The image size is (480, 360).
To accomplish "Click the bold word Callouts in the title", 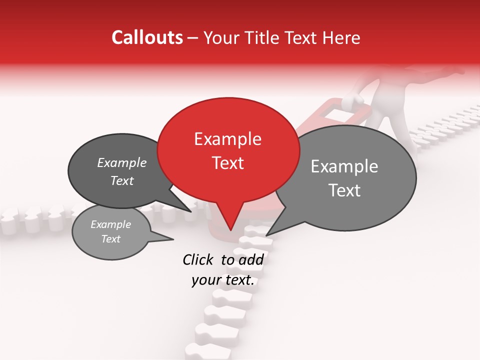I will [x=147, y=37].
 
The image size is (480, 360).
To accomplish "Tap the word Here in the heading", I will [x=341, y=38].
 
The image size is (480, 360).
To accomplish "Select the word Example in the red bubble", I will [x=227, y=139].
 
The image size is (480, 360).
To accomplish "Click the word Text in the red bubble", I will [x=227, y=163].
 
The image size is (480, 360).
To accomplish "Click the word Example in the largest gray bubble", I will [x=344, y=166].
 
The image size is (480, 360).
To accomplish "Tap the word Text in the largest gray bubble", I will [x=344, y=190].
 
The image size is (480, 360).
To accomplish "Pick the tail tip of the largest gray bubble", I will [x=266, y=235].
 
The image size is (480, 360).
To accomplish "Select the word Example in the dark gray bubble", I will [x=121, y=163].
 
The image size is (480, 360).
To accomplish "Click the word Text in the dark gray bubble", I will [x=121, y=180].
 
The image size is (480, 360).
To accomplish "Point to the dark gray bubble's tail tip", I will [x=191, y=211].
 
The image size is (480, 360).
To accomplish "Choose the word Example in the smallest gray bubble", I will [x=110, y=224].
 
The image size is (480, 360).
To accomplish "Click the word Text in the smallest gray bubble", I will [x=110, y=239].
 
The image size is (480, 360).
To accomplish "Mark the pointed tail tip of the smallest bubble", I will [x=173, y=239].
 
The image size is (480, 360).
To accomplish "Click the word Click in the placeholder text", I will [x=198, y=259].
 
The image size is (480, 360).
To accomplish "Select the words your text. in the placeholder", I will [x=223, y=280].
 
